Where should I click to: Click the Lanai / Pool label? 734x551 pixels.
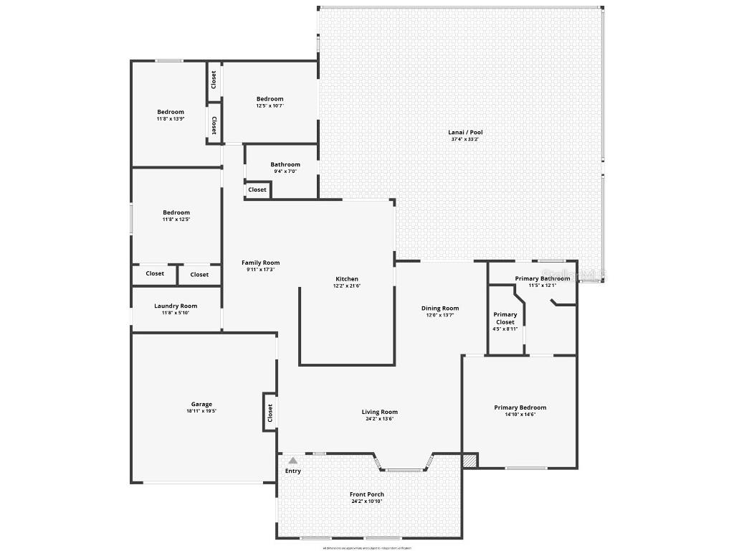(466, 132)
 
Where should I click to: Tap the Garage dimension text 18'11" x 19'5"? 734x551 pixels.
(201, 411)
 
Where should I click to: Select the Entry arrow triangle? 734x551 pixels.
(292, 461)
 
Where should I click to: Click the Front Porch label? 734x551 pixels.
(367, 494)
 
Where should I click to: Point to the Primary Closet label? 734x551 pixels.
(505, 319)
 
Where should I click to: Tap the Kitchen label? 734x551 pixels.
(347, 279)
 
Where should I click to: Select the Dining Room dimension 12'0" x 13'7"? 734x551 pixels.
(440, 316)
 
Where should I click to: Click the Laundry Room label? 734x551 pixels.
(176, 306)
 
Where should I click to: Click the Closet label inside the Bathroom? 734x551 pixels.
(257, 189)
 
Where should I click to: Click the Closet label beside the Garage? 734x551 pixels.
(270, 413)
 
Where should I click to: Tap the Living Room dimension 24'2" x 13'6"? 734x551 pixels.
(380, 419)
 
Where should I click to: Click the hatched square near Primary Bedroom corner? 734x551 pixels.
(470, 461)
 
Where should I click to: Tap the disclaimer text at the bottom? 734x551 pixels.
(367, 547)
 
